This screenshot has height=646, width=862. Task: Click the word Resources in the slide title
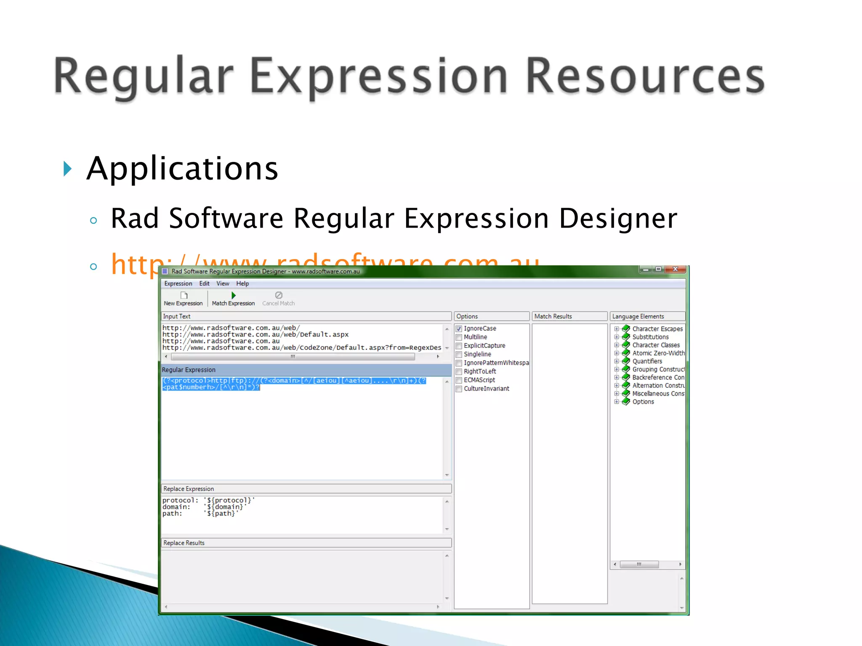pos(645,77)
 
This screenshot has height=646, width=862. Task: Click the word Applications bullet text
pos(182,169)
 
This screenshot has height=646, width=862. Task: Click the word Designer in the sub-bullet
pos(617,219)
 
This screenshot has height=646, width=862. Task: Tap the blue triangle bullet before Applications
pos(67,169)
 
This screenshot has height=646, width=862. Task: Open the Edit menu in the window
pos(204,283)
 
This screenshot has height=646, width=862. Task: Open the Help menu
pos(242,283)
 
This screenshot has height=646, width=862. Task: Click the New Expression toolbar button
pos(183,299)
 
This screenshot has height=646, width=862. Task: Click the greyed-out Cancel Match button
pos(278,299)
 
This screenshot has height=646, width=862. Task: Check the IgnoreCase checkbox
pos(459,328)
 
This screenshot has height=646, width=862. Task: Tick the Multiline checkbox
pos(459,337)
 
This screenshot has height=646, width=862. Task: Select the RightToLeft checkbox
pos(459,371)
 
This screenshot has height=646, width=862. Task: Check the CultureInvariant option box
pos(459,389)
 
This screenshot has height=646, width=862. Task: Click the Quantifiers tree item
pos(647,361)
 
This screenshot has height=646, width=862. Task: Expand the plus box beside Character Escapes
pos(616,329)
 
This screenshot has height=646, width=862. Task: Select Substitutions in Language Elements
pos(650,337)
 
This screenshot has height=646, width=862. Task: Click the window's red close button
pos(676,269)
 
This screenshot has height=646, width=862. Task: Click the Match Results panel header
pos(553,316)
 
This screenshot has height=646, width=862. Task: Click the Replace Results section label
pos(184,543)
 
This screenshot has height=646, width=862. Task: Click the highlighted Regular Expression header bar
pos(306,370)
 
